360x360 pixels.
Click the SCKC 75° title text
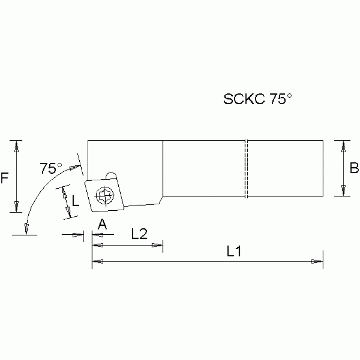pos(258,99)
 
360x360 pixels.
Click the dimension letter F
pos(5,178)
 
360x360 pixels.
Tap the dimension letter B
pos(354,168)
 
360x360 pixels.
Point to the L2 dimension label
pos(140,234)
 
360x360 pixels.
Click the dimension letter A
pos(102,225)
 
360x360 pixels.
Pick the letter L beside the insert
pos(76,202)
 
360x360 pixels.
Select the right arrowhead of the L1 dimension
pos(319,261)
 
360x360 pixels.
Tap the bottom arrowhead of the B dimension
pos(344,191)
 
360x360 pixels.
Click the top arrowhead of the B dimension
pos(344,146)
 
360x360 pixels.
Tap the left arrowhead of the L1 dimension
pos(97,261)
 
